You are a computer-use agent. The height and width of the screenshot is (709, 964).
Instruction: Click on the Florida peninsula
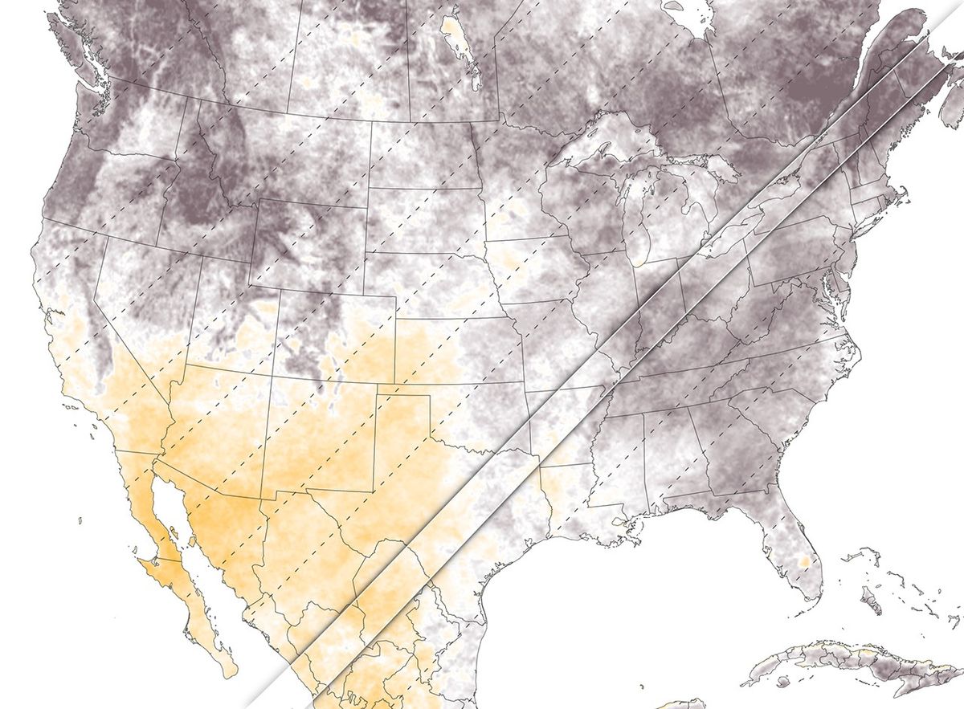pos(791,546)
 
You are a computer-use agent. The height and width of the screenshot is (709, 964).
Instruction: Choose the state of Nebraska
pos(434,281)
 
